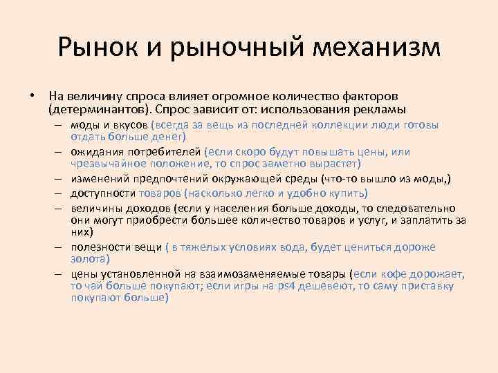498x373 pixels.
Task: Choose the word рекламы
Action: pos(381,109)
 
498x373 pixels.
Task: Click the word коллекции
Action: pos(339,126)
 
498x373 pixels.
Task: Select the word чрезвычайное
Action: pos(110,164)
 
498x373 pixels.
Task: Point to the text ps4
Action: pos(295,286)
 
